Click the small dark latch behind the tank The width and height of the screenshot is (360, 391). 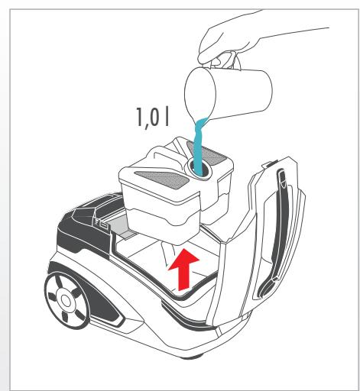(x=101, y=222)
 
